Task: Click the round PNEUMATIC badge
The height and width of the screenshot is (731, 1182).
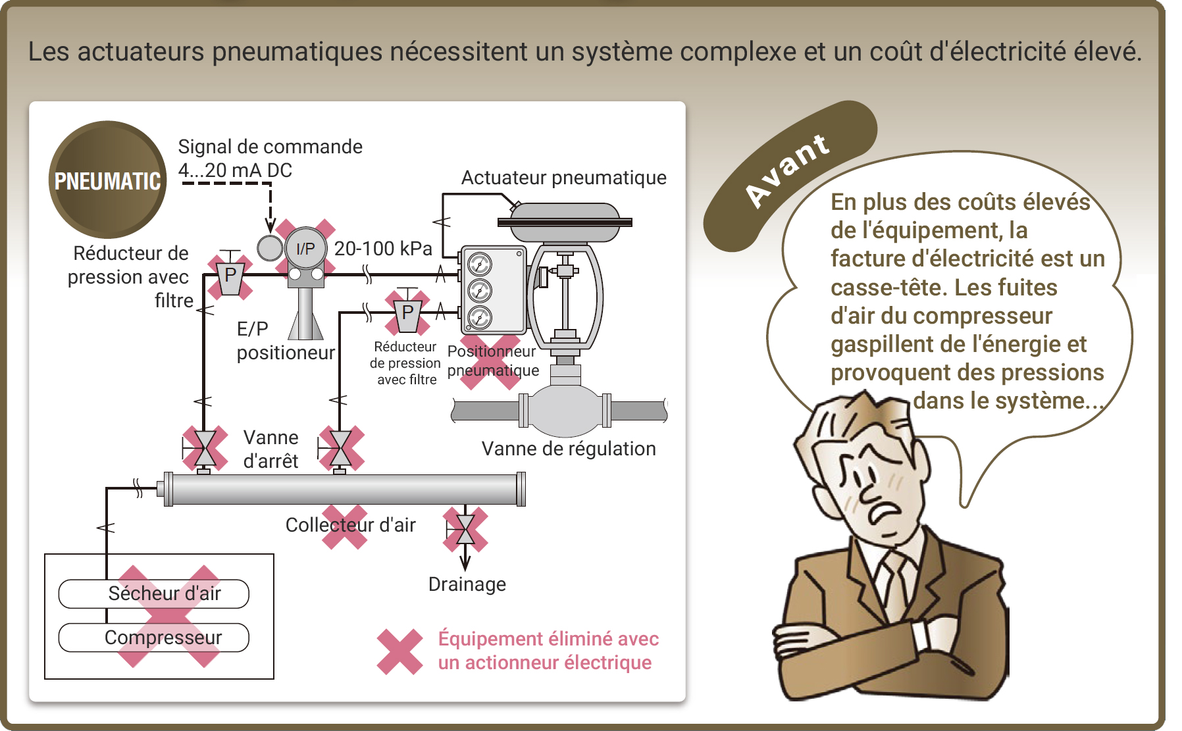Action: (x=107, y=180)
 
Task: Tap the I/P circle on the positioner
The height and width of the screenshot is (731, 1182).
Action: (x=306, y=249)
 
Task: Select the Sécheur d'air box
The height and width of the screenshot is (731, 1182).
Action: (x=154, y=593)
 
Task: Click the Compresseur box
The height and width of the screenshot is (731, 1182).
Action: (x=154, y=638)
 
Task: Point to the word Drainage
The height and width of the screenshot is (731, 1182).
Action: (x=467, y=584)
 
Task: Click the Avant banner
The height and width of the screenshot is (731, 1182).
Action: (x=790, y=175)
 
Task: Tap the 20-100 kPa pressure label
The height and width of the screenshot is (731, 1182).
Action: (x=383, y=249)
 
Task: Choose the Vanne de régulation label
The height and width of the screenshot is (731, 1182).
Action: (x=569, y=449)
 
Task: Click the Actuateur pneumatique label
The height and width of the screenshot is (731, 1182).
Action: (x=564, y=178)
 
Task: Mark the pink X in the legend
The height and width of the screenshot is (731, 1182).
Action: (x=399, y=651)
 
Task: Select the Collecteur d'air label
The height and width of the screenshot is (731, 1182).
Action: (x=350, y=525)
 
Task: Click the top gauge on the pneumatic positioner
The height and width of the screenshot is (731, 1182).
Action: (x=480, y=265)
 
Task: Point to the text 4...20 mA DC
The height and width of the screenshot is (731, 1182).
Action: (x=235, y=170)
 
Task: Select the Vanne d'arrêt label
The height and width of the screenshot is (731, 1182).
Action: (x=271, y=449)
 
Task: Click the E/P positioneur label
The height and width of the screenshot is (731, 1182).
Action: (x=286, y=341)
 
